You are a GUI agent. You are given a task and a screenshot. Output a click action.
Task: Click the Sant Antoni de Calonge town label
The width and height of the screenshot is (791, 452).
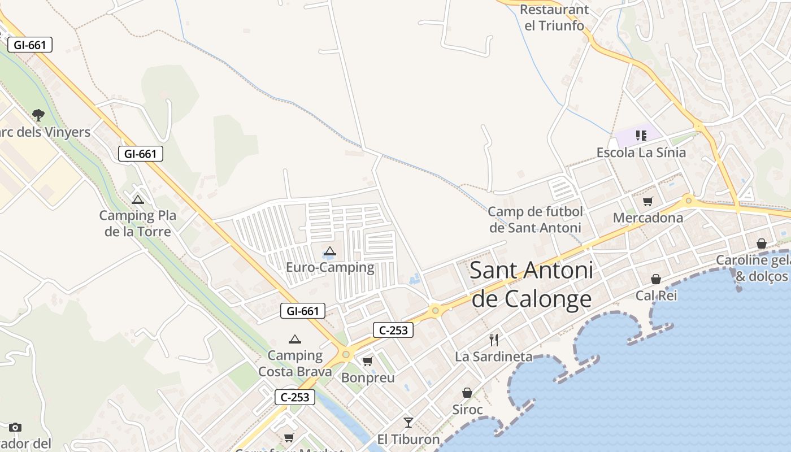tap(531, 284)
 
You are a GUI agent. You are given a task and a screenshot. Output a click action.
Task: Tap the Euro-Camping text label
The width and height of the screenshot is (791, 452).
tap(330, 267)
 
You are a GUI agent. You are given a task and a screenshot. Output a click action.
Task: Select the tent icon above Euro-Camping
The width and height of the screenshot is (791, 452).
tap(330, 251)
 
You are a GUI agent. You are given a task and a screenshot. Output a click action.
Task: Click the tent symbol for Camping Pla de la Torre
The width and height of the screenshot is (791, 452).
tap(137, 199)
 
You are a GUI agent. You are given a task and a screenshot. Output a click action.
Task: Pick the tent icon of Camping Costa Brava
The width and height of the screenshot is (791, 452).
tap(294, 340)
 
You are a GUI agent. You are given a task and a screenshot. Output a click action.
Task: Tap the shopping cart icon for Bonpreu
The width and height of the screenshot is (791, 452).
tap(368, 361)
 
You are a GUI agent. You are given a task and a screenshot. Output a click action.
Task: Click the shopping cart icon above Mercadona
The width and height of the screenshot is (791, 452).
tap(648, 201)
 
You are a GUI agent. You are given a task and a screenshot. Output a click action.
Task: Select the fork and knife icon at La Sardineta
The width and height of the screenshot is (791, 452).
tap(494, 340)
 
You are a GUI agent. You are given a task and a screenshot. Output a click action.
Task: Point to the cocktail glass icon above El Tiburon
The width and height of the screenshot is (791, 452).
tap(408, 422)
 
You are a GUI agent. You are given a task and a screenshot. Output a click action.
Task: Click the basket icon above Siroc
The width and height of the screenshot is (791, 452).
tap(467, 392)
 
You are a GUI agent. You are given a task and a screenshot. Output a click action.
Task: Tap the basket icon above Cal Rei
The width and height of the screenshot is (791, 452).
tap(656, 279)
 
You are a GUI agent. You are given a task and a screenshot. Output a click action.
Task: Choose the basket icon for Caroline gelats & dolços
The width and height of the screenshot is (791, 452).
tap(762, 244)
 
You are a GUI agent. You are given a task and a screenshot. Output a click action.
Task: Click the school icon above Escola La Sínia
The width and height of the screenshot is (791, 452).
tap(641, 135)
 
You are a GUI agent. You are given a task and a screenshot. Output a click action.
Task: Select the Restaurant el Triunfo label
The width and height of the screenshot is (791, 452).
tap(554, 18)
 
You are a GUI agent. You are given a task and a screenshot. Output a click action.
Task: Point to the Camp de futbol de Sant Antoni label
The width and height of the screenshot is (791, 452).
tap(535, 220)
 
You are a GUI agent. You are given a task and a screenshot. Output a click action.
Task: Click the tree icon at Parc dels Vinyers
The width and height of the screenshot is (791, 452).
tap(38, 115)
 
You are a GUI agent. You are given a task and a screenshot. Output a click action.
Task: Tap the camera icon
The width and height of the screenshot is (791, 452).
tap(15, 427)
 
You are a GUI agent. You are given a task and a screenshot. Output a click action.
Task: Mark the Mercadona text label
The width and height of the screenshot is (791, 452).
tap(648, 218)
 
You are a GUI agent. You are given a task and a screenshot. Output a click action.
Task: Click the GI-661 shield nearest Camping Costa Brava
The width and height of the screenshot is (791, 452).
tap(303, 311)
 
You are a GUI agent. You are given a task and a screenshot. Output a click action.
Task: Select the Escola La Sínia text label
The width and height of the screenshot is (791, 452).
tap(641, 153)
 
